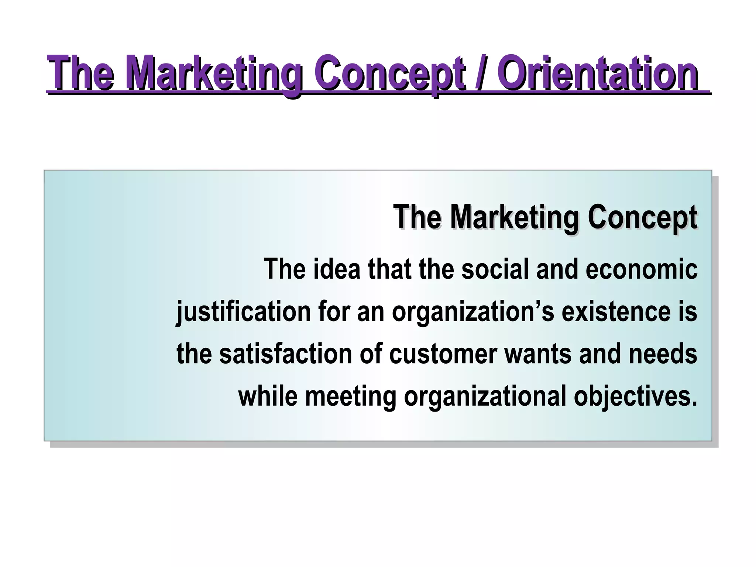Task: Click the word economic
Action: click(641, 269)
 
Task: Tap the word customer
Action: click(443, 354)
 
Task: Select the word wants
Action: click(537, 354)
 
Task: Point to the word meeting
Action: click(351, 396)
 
